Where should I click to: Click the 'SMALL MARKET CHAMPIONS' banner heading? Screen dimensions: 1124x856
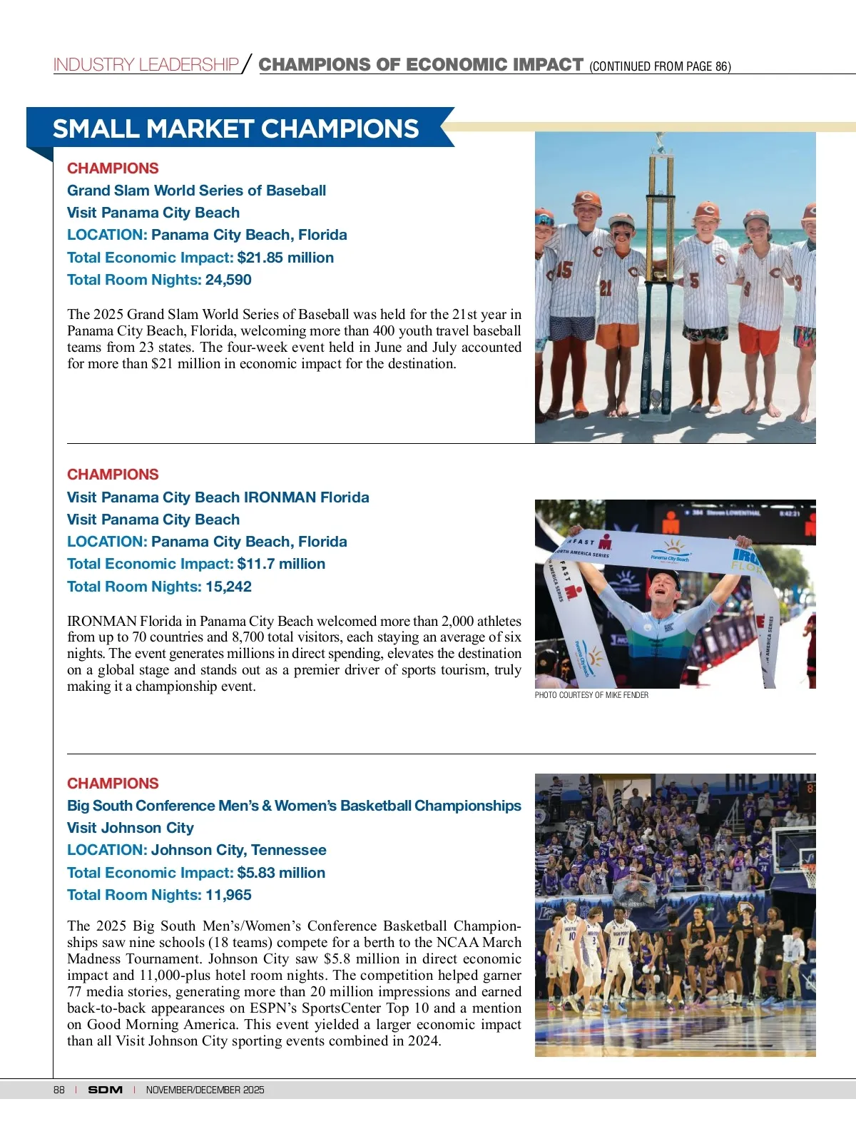tap(235, 128)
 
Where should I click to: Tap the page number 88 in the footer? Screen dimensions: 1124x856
tap(58, 1090)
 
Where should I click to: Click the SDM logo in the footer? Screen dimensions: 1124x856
tap(105, 1090)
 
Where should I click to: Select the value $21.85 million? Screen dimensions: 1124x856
tap(285, 258)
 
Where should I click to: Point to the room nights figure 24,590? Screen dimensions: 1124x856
tap(228, 280)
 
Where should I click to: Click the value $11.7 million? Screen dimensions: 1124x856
tap(281, 564)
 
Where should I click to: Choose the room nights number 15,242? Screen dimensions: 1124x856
tap(228, 587)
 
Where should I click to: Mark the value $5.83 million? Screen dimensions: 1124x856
tap(281, 873)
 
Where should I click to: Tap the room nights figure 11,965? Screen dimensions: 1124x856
tap(228, 895)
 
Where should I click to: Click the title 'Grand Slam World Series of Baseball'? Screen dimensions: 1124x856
tap(196, 191)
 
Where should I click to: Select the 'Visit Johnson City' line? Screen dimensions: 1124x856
tap(131, 828)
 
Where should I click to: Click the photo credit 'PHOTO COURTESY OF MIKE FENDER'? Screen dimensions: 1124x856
tap(591, 695)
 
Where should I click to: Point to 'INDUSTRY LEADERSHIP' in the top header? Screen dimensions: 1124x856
tap(146, 65)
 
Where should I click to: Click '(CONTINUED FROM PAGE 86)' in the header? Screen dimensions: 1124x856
tap(660, 66)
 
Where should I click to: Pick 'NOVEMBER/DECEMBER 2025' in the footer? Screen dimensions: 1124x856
tap(205, 1090)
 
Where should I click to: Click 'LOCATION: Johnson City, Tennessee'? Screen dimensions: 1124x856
tap(196, 850)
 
